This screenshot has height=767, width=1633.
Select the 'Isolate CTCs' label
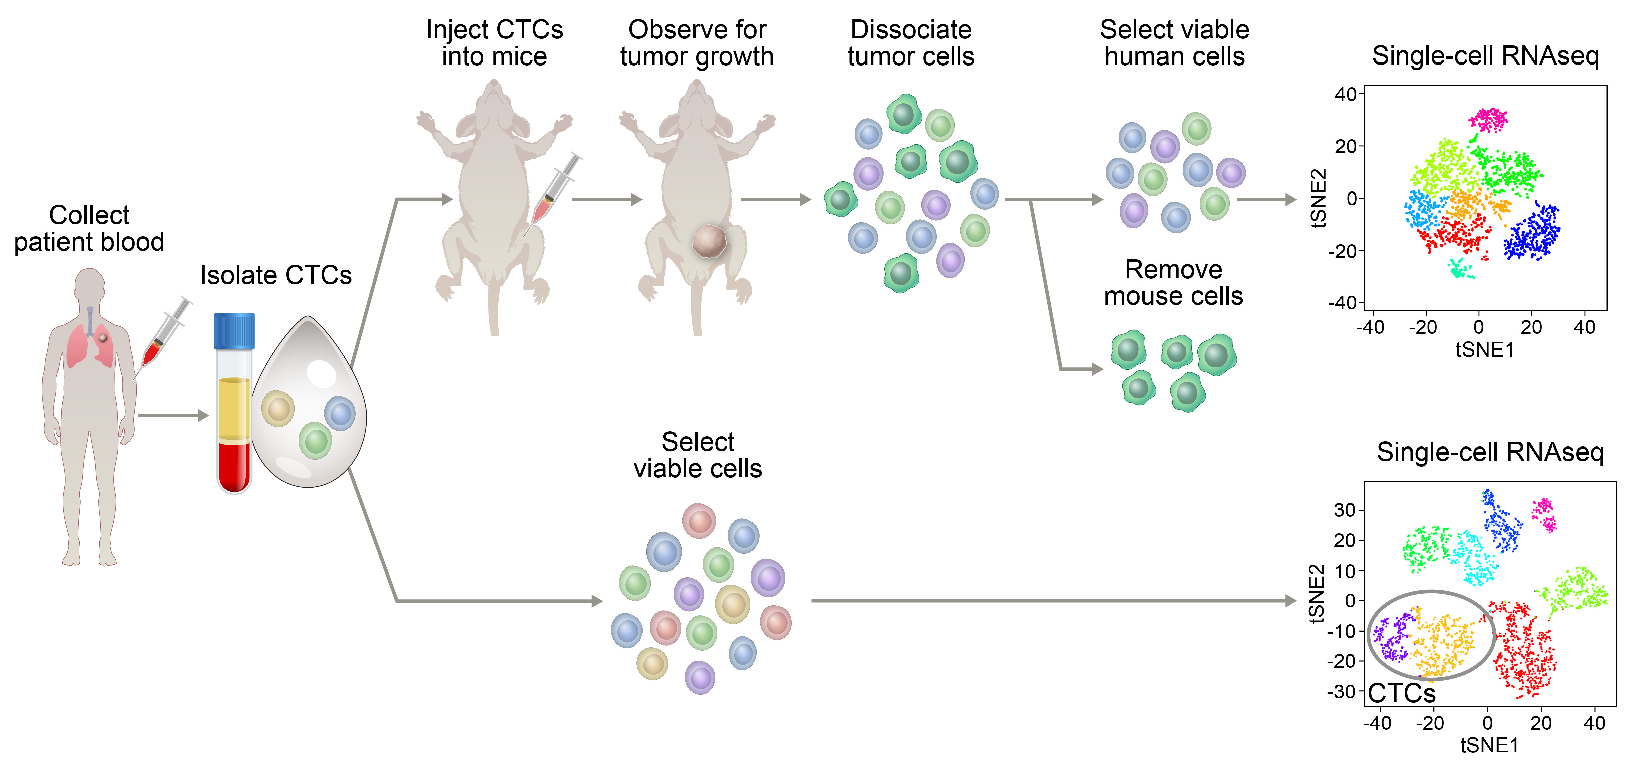coord(276,275)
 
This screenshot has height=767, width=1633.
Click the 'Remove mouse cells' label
coord(1173,283)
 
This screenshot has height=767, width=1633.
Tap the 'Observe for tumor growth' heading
coord(697,43)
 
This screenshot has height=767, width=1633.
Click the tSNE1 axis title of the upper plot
coord(1485,349)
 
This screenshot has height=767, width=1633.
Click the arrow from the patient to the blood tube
coord(172,416)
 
